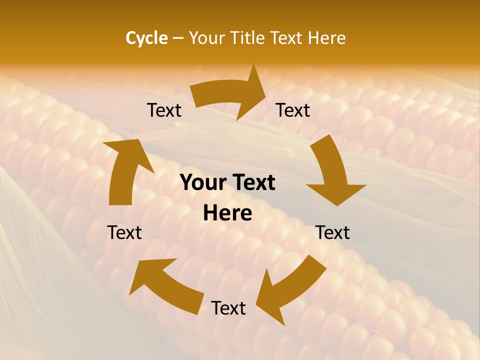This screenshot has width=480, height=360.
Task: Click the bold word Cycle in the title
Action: [146, 38]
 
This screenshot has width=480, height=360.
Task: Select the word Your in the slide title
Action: [207, 38]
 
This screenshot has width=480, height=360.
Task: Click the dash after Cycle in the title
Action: [178, 38]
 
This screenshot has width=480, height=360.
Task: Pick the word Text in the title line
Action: [286, 38]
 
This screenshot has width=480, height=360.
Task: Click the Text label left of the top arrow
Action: [164, 110]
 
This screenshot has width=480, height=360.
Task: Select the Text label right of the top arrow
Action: [293, 110]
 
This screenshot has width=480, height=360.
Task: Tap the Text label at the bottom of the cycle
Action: [228, 308]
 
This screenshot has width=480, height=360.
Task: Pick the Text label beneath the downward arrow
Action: [332, 232]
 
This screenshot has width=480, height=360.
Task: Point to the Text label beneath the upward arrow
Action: [124, 232]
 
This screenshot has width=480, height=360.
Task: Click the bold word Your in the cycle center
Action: [202, 183]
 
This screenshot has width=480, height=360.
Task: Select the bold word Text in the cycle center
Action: [252, 183]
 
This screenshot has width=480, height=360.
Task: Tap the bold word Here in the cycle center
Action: [227, 213]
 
